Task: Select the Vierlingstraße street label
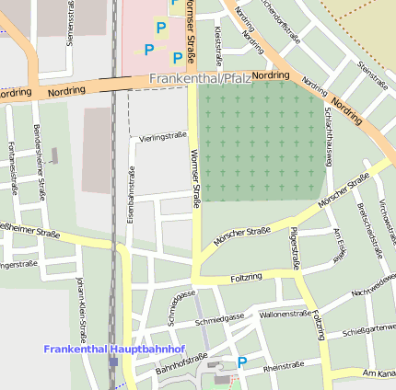[163, 136]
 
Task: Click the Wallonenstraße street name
[285, 314]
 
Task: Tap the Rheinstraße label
[283, 366]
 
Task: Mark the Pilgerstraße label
[295, 247]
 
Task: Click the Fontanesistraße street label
[12, 167]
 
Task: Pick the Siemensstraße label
[71, 23]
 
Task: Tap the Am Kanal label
[379, 373]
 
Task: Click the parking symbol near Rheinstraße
[242, 362]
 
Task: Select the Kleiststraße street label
[219, 41]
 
